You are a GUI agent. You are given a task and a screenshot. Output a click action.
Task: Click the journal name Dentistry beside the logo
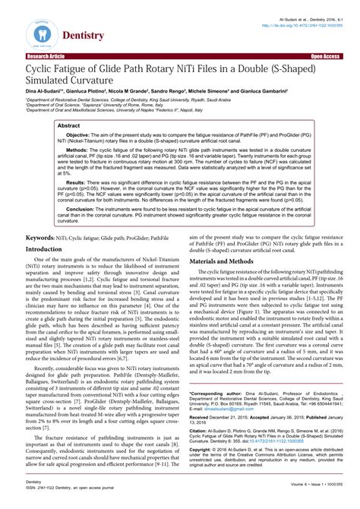coord(83,36)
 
